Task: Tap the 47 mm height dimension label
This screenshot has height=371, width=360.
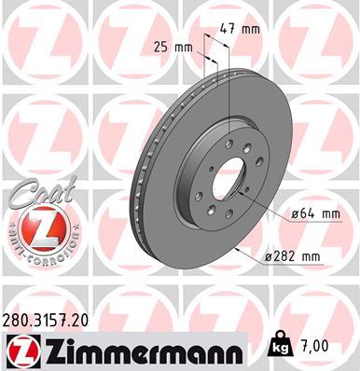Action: [x=244, y=29]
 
